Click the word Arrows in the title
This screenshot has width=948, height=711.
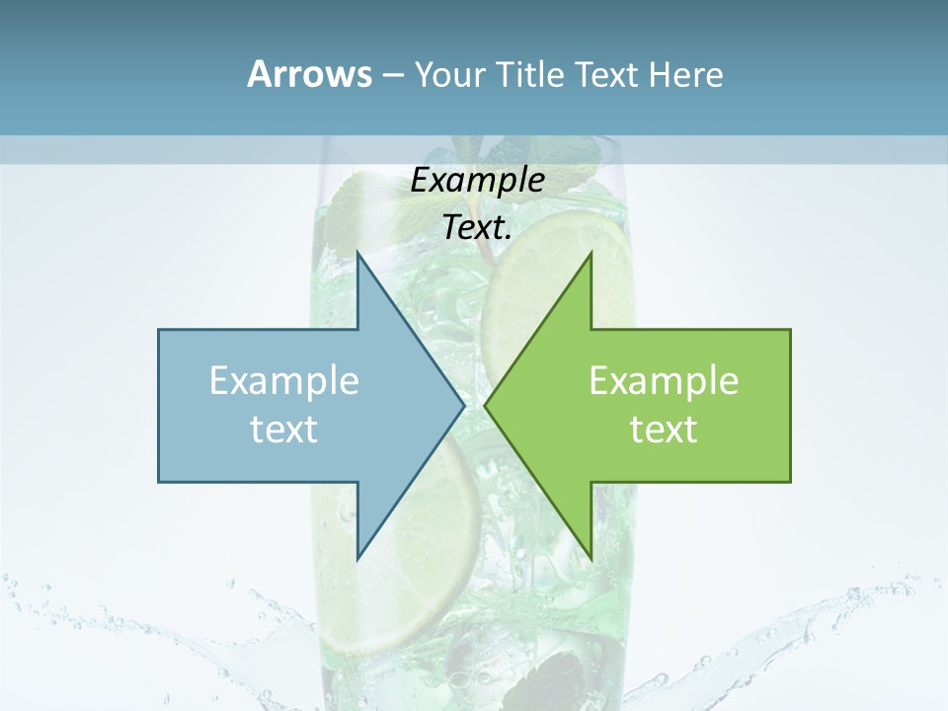point(309,74)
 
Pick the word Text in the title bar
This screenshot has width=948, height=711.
point(608,75)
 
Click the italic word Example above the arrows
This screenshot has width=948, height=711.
point(477,180)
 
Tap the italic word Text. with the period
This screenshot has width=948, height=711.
point(477,227)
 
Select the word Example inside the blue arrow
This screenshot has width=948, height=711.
point(284,381)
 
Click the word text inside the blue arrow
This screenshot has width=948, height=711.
point(284,429)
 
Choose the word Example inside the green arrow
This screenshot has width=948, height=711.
point(664,381)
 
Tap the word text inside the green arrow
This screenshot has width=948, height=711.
point(664,429)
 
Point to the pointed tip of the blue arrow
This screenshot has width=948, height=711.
point(463,405)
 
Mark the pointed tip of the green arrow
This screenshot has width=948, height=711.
point(486,405)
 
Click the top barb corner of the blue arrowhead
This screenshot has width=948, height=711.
point(357,253)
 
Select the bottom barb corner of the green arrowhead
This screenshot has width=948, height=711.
point(591,558)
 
